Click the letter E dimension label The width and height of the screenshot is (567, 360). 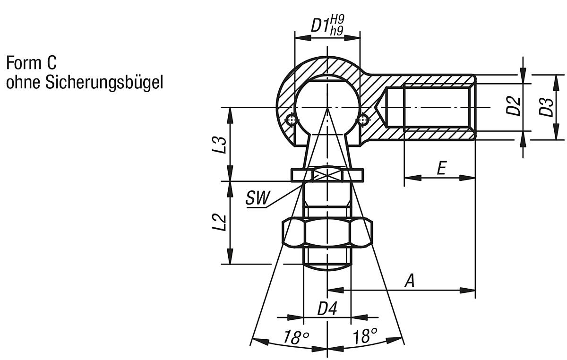pos(441,169)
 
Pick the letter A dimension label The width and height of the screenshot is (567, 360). pos(410,281)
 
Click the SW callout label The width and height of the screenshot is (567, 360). pos(257,199)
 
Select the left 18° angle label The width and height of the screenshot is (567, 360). pos(296,337)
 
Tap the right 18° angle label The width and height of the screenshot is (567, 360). pos(365,337)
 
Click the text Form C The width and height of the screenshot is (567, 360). pos(31,62)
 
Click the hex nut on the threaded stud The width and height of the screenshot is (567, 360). pos(327,232)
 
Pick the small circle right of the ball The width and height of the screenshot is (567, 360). pos(362,120)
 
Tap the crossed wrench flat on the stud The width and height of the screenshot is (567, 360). pos(327,175)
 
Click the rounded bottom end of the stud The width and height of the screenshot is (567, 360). pos(327,266)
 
